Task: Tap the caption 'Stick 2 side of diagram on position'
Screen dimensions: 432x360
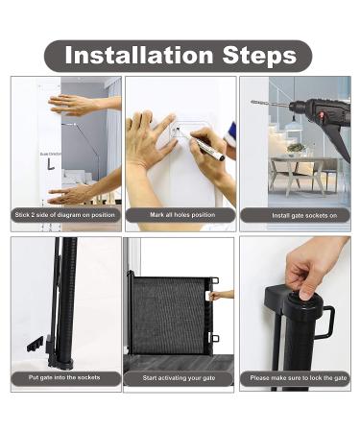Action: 65,215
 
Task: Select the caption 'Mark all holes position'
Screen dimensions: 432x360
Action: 180,215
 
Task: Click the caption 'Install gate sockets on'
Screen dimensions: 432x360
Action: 295,215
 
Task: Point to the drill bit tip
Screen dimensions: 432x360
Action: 254,102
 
